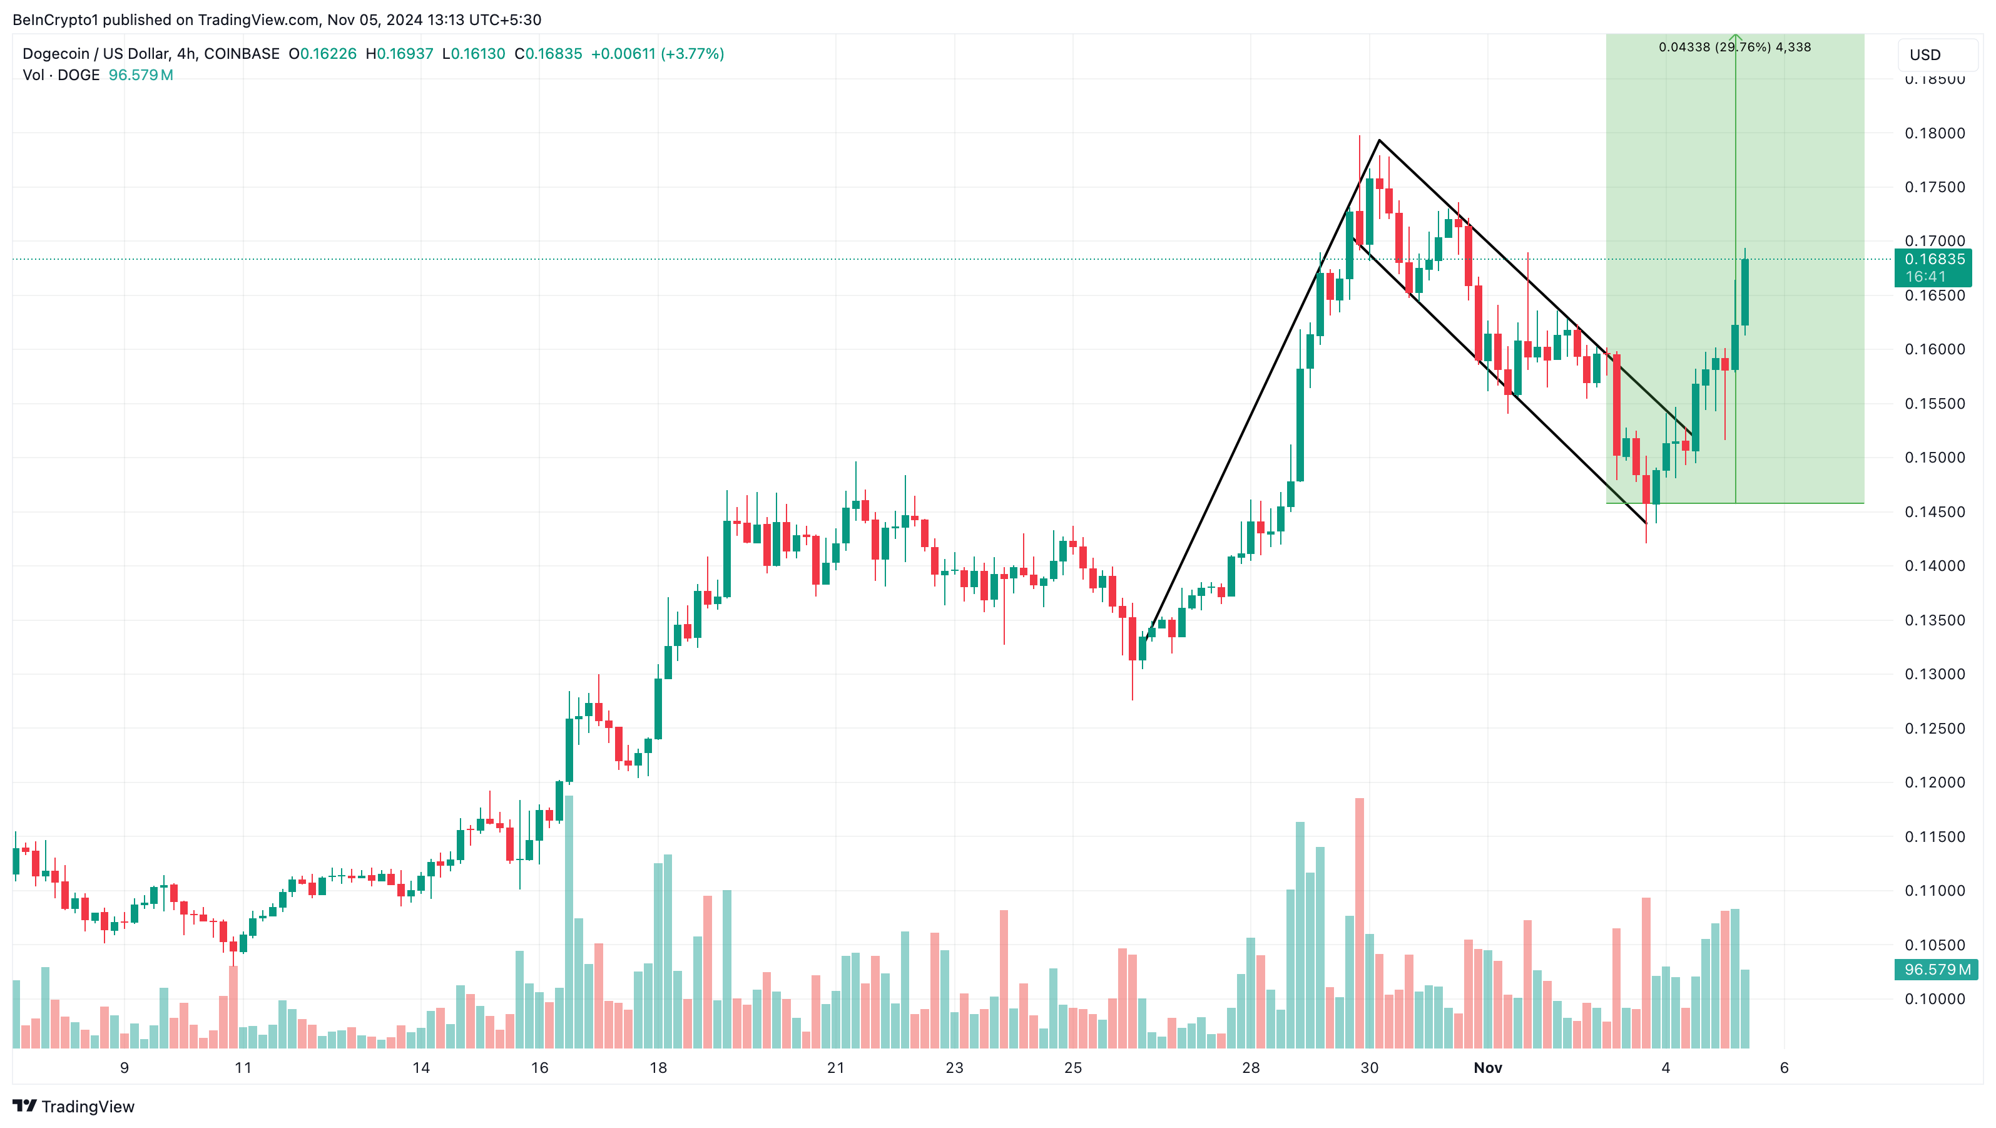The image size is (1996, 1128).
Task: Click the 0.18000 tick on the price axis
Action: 1934,133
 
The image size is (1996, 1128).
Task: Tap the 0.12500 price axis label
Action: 1934,728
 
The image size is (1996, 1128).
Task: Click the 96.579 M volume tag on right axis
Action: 1935,969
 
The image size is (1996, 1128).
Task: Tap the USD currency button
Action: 1925,55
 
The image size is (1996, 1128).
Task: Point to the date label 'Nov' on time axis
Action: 1487,1067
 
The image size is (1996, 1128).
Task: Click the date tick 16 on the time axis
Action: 539,1067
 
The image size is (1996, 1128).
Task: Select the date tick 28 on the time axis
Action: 1251,1067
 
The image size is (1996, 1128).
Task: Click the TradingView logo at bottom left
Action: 74,1106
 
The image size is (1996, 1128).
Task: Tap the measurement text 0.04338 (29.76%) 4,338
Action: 1734,48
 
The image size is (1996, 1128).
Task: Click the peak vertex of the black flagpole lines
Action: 1378,140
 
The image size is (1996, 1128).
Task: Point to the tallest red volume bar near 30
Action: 1359,923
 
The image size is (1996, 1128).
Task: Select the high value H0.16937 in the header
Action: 399,53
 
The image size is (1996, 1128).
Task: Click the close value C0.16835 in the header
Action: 548,53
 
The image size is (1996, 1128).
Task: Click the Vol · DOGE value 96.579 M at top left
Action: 140,75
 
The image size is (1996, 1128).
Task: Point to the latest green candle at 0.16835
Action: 1745,292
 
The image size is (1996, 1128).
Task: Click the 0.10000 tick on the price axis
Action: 1934,998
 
